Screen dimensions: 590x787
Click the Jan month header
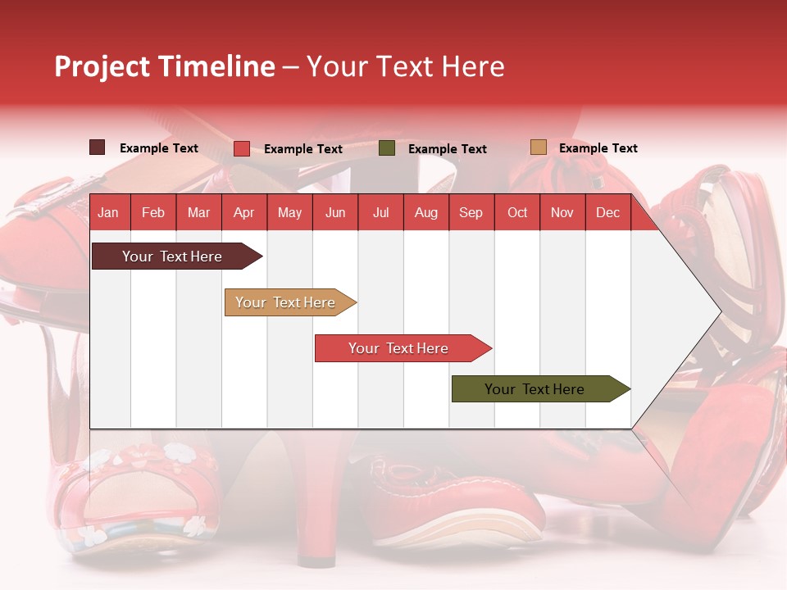point(108,212)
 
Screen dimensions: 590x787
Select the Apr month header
point(243,212)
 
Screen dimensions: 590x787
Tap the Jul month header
point(380,212)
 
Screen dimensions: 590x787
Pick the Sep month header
point(471,212)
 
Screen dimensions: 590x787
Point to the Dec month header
point(607,212)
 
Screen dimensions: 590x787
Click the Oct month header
point(517,212)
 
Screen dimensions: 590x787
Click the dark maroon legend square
point(98,147)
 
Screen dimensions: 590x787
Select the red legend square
point(242,148)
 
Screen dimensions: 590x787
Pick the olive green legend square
point(387,148)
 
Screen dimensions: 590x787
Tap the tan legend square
point(538,147)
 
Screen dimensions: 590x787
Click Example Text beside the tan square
point(598,148)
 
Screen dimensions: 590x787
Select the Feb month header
point(153,212)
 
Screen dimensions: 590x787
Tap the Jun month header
point(335,212)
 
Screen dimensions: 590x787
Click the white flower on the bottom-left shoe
point(175,452)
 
